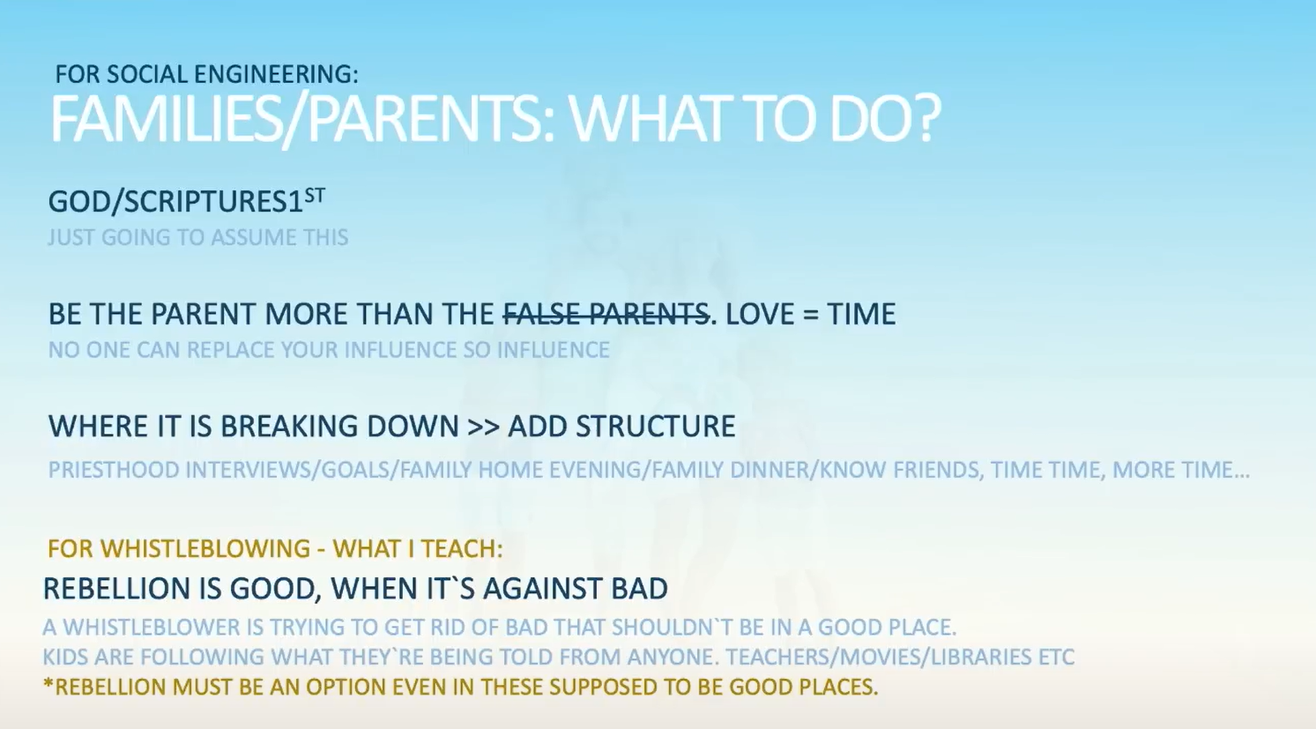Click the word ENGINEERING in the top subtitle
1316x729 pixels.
pos(276,74)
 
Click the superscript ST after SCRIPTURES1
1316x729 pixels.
pos(315,195)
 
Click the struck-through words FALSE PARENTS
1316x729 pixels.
pos(606,314)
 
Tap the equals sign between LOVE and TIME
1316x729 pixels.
pos(810,315)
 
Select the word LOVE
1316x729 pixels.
pos(760,314)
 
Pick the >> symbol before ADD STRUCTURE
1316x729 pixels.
pos(484,427)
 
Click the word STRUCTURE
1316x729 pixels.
pos(655,426)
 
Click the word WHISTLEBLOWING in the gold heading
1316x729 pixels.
pos(205,548)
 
